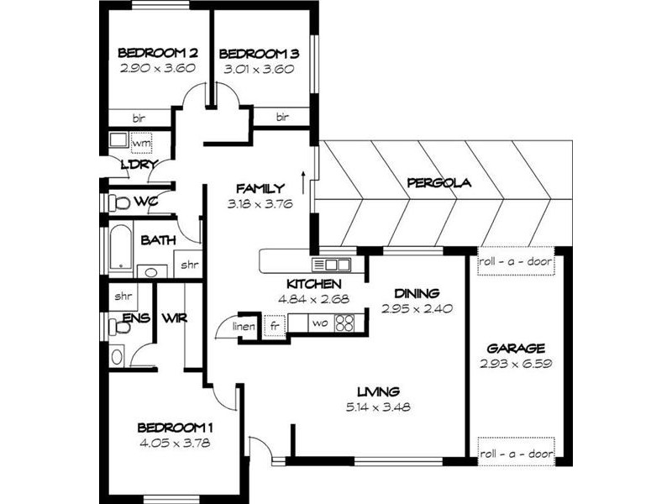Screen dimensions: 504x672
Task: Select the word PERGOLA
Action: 438,182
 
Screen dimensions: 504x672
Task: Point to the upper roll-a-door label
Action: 516,261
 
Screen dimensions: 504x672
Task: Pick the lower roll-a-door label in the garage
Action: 516,454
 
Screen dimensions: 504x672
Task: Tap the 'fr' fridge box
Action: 274,325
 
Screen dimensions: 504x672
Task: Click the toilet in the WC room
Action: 119,202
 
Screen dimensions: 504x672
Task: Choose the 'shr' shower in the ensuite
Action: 124,296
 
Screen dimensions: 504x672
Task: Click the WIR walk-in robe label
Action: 175,318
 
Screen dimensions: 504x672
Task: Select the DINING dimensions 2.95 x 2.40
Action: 417,308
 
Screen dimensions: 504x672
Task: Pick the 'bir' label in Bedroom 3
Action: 282,117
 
